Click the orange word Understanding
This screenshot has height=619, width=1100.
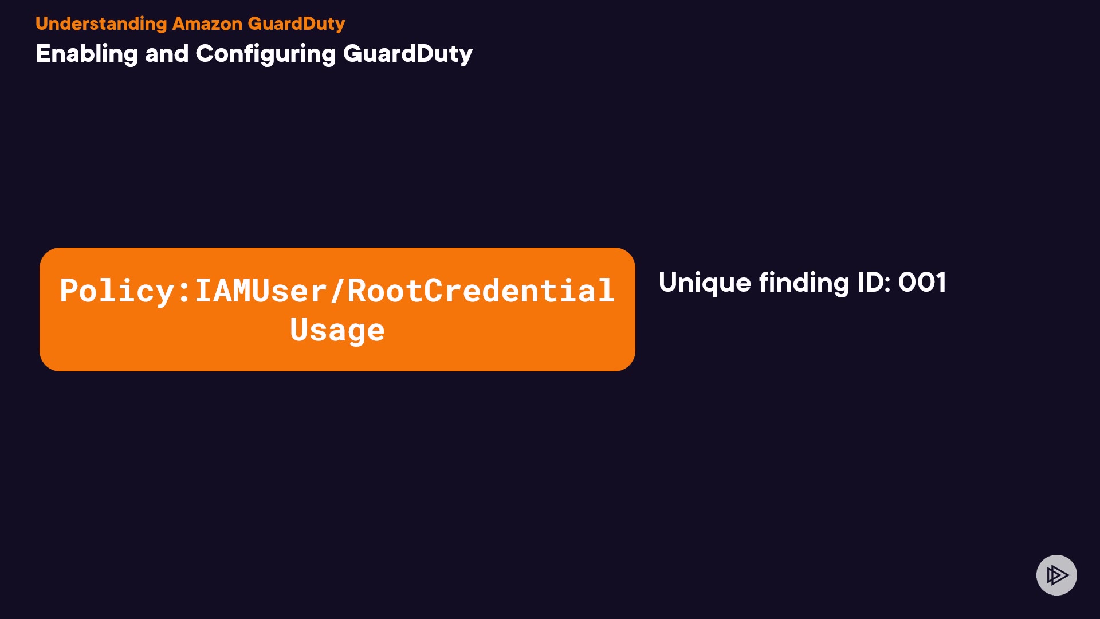click(101, 24)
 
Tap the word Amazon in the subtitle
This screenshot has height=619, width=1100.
click(207, 24)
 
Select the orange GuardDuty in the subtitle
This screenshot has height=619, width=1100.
click(296, 24)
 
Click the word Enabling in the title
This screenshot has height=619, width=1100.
click(87, 54)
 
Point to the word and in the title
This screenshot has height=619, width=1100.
click(167, 54)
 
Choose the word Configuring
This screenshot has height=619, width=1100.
click(265, 54)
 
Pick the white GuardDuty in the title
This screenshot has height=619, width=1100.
click(407, 54)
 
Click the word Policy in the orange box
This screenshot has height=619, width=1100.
click(117, 291)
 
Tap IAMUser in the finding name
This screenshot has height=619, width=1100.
click(261, 291)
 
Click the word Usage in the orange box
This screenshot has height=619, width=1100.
click(337, 330)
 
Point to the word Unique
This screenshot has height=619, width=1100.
click(705, 283)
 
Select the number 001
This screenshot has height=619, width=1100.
click(922, 283)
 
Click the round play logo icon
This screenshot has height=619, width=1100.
click(1056, 575)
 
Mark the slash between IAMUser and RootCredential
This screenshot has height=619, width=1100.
click(337, 291)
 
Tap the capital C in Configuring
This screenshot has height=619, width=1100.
click(205, 54)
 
